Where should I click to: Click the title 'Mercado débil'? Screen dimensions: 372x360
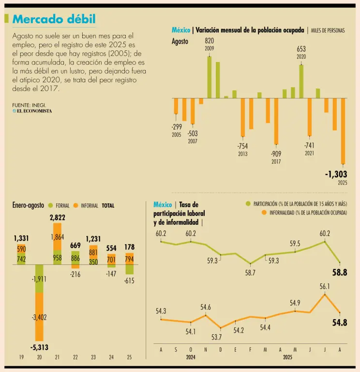coord(54,19)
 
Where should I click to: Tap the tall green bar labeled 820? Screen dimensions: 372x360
coord(210,77)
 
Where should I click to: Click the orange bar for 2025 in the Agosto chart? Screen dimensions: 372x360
coord(343,131)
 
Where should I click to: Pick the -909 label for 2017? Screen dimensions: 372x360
coord(276,154)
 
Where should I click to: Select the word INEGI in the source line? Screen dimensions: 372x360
coord(39,105)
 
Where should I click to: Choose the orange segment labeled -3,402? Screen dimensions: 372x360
coord(39,317)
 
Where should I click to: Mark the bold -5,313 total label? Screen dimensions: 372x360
coord(39,347)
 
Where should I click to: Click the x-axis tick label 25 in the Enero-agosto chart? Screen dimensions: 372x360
coord(129,357)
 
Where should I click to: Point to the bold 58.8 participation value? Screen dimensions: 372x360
coord(339,272)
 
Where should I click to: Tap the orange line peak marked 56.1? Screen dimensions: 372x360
coord(325,294)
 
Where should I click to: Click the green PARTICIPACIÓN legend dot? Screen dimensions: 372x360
coord(249,204)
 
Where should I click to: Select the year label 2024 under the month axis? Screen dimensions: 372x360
coord(190,357)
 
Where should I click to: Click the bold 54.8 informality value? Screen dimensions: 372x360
coord(339,323)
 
